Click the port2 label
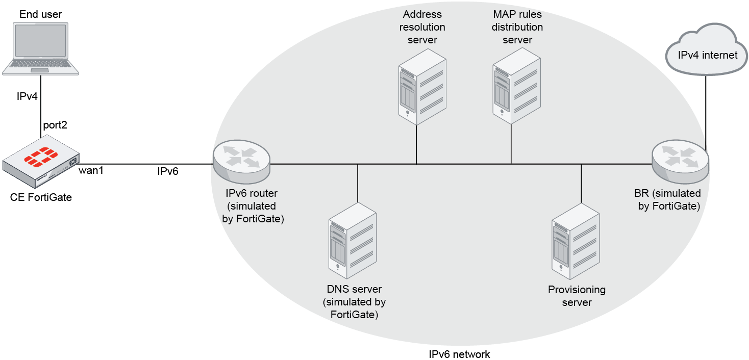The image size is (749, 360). (55, 125)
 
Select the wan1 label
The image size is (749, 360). (91, 171)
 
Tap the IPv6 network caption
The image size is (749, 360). (459, 354)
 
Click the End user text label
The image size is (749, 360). (41, 14)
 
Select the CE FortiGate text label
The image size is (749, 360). (41, 197)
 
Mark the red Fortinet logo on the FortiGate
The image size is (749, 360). (40, 156)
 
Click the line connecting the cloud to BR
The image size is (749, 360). (706, 112)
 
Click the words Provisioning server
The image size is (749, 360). (577, 296)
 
